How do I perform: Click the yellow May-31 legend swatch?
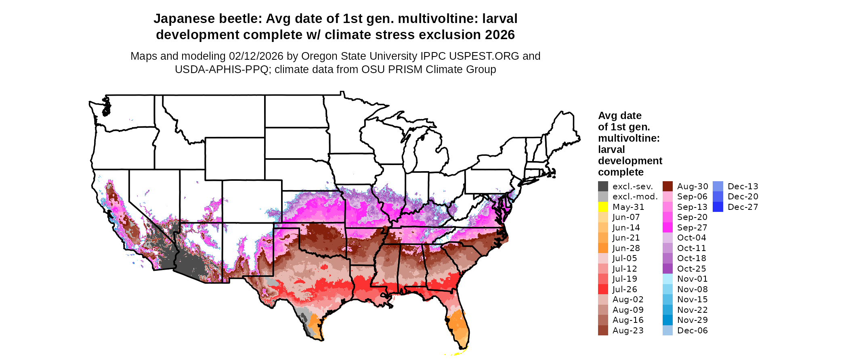(603, 207)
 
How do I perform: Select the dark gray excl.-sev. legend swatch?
(603, 186)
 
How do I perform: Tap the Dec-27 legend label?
(743, 207)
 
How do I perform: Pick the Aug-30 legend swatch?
(667, 186)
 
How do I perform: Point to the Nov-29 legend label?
(692, 320)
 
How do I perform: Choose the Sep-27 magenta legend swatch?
(667, 228)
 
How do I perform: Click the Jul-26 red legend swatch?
(603, 289)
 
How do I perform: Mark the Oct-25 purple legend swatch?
(667, 269)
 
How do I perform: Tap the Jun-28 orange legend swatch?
(603, 248)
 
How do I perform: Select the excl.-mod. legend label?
(635, 197)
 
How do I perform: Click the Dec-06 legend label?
(692, 331)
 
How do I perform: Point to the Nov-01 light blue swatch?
(667, 279)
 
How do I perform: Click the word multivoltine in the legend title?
(629, 138)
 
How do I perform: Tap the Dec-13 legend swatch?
(718, 186)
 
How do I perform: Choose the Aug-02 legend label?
(628, 299)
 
